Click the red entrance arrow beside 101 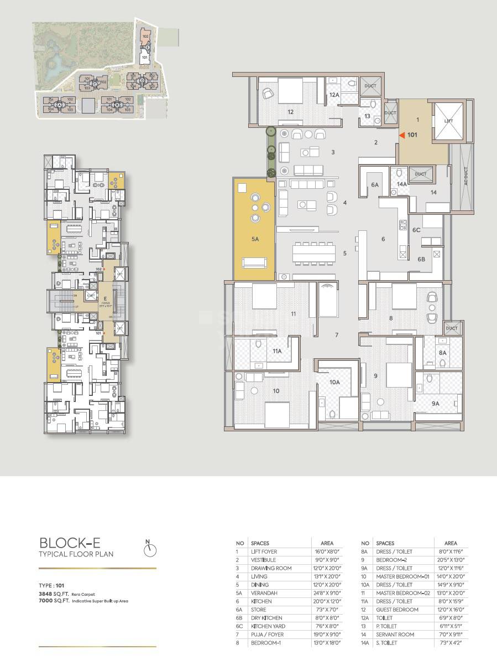coord(403,135)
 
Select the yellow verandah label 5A coord(255,239)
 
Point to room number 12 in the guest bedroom coord(290,111)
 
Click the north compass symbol coord(150,549)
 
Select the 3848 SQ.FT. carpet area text coord(54,594)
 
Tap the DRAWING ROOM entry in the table coord(271,568)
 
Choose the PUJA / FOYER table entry coord(267,635)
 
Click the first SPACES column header coord(260,543)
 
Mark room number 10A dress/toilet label coord(334,381)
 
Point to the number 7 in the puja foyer coord(336,335)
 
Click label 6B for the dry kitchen coord(421,259)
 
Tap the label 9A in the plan coord(435,404)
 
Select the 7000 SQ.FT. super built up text coord(54,600)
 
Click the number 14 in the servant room coord(433,192)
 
